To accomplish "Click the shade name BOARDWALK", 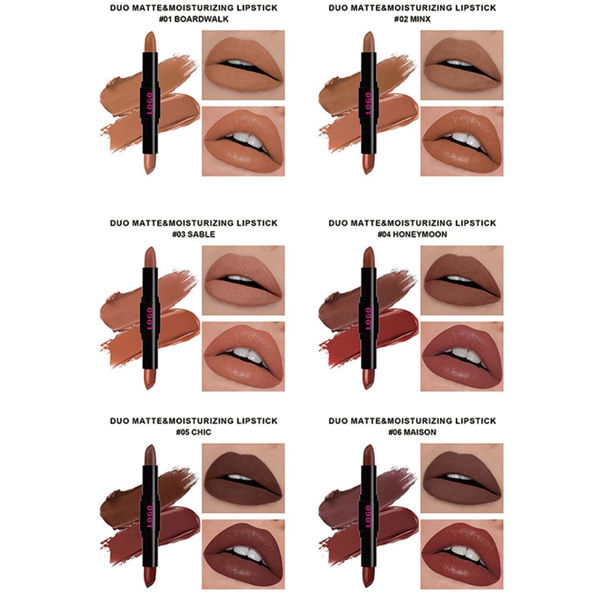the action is (202, 20).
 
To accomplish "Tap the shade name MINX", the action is (420, 20).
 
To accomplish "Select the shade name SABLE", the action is (201, 234).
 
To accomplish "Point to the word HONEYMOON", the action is (420, 234).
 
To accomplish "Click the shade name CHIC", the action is (201, 432).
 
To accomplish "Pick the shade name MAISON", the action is (420, 432).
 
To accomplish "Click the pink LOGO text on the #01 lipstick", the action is (150, 102).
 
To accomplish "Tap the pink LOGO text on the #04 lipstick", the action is (368, 318).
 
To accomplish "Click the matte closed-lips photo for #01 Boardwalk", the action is (243, 65).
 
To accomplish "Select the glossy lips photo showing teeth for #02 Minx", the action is (462, 141).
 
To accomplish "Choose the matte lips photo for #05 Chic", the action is (243, 478).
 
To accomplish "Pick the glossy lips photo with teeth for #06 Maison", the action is (462, 554).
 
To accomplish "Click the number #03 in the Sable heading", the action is (179, 234).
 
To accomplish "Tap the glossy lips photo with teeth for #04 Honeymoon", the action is (462, 356).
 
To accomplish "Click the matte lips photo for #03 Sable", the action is (243, 281).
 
